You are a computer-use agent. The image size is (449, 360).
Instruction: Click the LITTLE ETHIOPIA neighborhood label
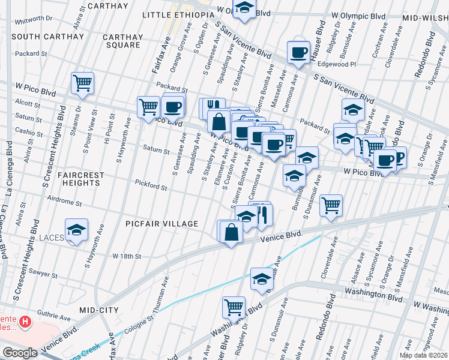point(178,14)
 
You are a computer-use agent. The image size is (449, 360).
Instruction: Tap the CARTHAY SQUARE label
point(123,41)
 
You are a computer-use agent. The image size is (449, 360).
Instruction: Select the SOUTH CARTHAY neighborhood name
point(47,37)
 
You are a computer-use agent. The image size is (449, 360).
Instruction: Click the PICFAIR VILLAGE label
point(162,224)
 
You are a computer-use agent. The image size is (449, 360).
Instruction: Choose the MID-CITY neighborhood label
point(99,310)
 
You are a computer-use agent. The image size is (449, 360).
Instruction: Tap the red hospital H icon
point(25,322)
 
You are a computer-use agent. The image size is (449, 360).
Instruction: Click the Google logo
point(20,353)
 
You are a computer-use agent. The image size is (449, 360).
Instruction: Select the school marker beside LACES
point(76,230)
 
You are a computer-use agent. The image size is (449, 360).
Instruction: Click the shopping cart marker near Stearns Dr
point(82,83)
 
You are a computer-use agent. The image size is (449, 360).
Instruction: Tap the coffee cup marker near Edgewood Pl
point(298,52)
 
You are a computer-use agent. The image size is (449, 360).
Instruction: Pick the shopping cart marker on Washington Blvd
point(234,307)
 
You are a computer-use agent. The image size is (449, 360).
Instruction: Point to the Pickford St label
point(151,187)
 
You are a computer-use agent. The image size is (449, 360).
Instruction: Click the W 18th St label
point(127,256)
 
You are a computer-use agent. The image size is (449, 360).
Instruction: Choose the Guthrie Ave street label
point(53,313)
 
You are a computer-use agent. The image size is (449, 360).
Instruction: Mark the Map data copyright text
point(424,355)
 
